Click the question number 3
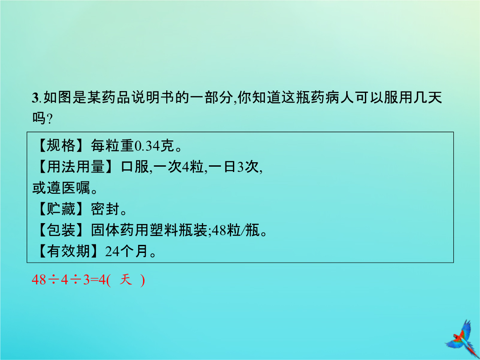click(35, 98)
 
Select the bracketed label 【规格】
click(60, 145)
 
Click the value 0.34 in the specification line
click(148, 146)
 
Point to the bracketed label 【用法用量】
click(75, 167)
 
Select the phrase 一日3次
click(234, 167)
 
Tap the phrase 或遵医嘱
click(61, 188)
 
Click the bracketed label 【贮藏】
click(60, 209)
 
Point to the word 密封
click(105, 209)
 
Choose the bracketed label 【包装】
click(60, 230)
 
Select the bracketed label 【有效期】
click(68, 251)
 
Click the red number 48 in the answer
click(39, 280)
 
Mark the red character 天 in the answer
click(126, 280)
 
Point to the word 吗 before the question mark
click(39, 117)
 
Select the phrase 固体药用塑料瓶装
click(149, 230)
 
